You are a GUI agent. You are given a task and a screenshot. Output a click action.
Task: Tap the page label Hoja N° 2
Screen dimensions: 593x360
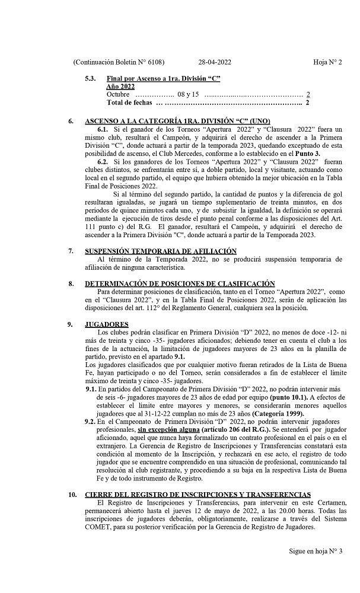[328, 62]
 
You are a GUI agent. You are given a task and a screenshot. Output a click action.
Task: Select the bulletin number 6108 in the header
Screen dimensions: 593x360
[153, 62]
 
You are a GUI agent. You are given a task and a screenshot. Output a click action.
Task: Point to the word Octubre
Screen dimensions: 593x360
[117, 94]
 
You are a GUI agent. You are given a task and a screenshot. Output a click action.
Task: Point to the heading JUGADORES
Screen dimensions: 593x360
[107, 324]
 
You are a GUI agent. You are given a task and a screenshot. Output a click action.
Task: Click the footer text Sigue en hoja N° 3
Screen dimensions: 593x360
[316, 551]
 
